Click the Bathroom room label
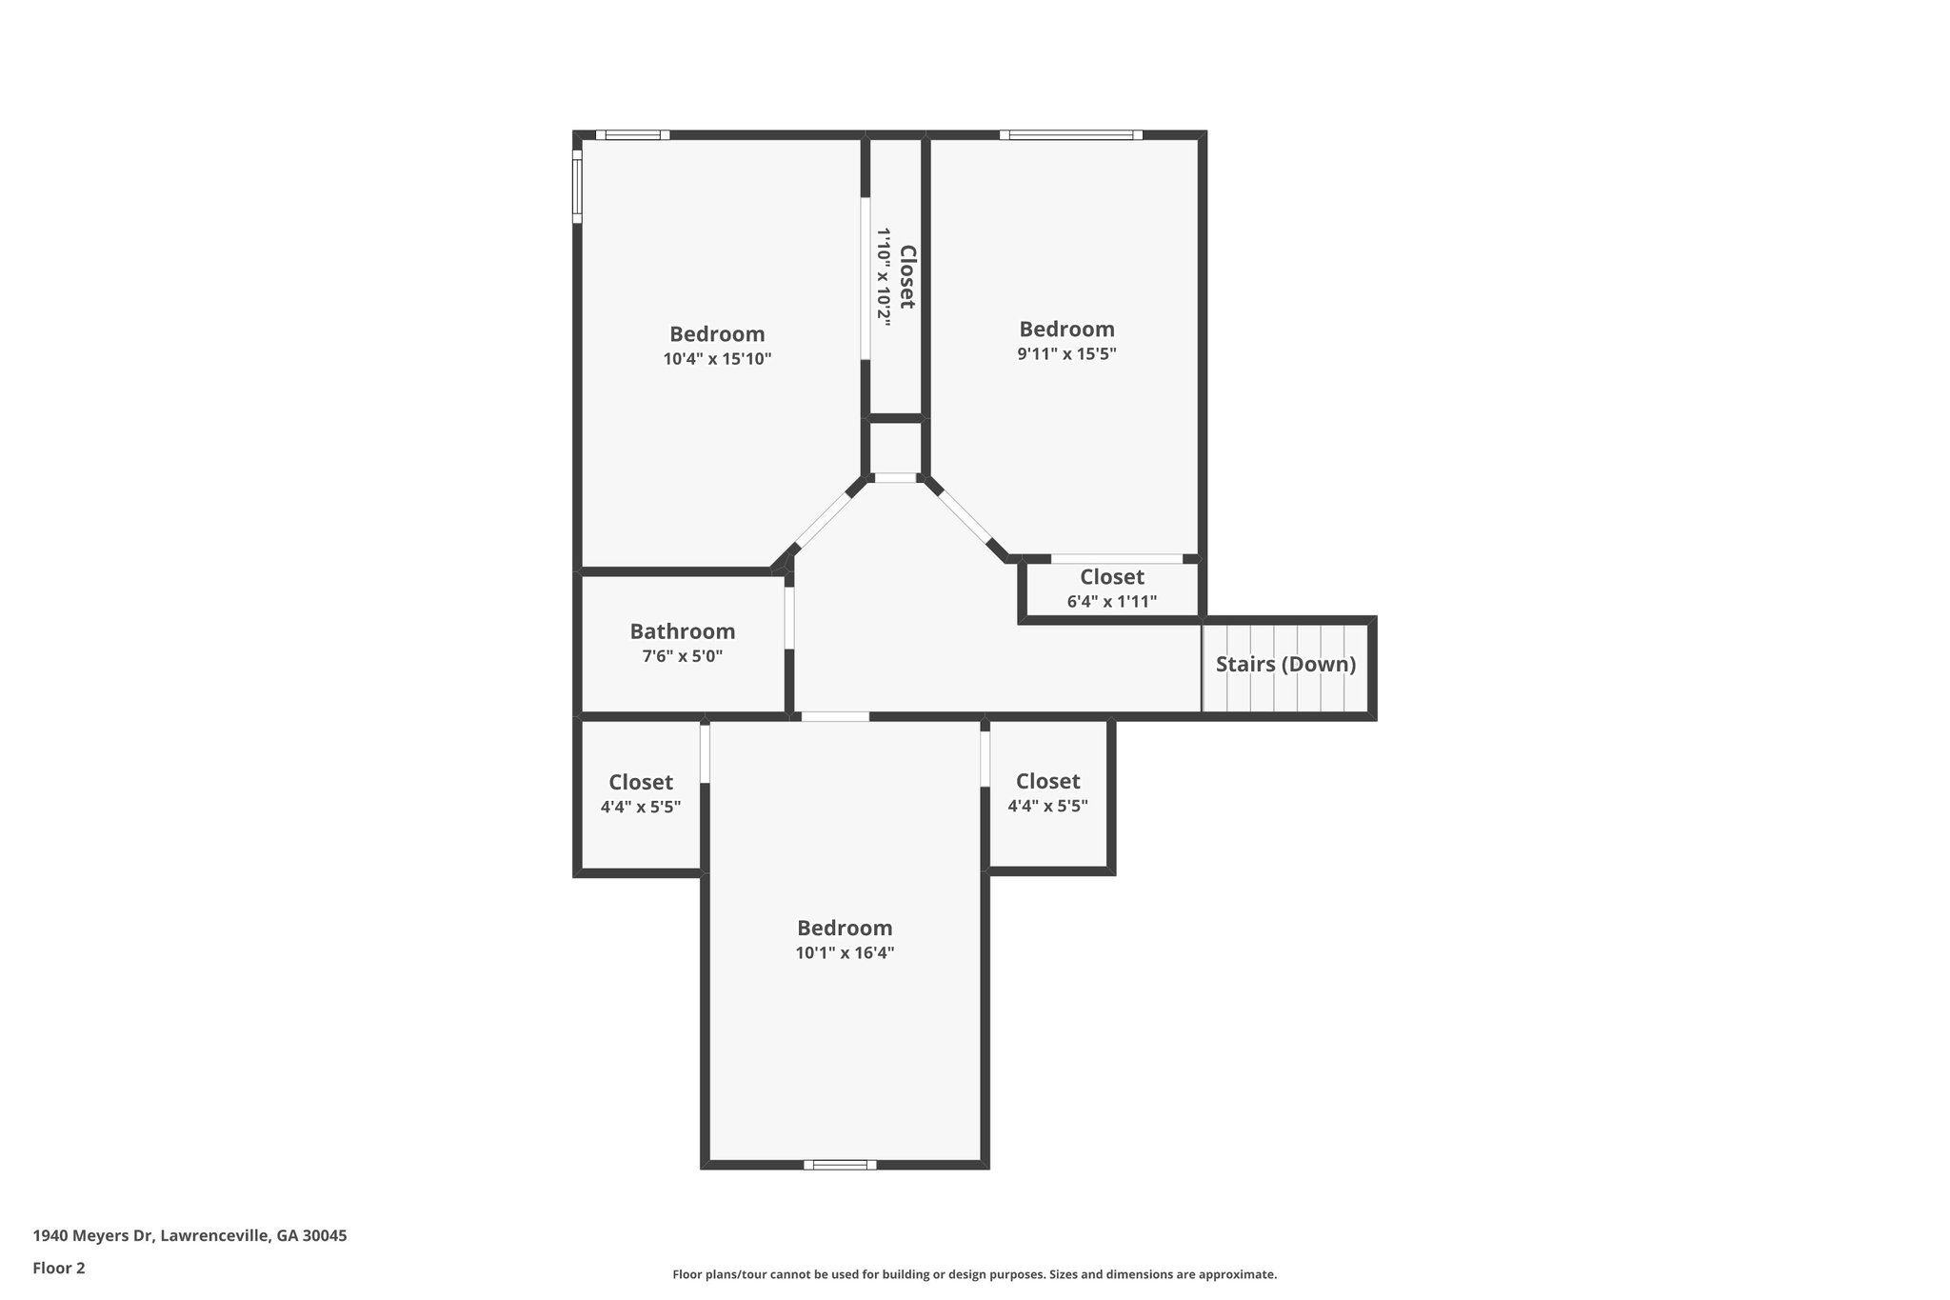tap(682, 631)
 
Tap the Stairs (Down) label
tap(1285, 664)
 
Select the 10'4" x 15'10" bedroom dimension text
tap(717, 359)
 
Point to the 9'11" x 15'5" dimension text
tap(1066, 353)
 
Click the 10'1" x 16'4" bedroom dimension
tap(845, 952)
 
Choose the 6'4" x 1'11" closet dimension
tap(1111, 601)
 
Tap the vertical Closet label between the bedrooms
tap(907, 277)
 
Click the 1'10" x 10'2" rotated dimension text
tap(885, 277)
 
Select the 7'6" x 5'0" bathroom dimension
tap(682, 656)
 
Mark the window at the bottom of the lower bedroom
tap(840, 1164)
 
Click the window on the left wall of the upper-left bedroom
tap(577, 186)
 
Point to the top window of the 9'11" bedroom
tap(1071, 135)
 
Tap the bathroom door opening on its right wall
tap(789, 619)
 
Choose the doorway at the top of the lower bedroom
tap(834, 716)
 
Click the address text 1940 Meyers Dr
tap(189, 1236)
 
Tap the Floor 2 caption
tap(59, 1268)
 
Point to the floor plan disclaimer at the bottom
tap(974, 1274)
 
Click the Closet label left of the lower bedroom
tap(641, 782)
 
